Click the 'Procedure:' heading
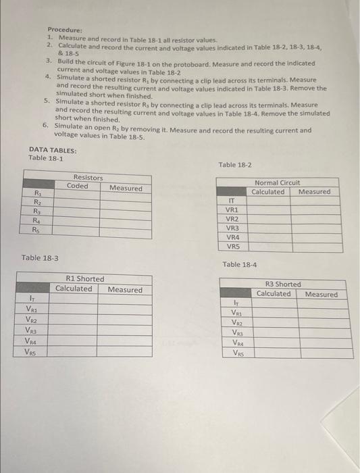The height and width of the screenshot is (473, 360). pos(65,30)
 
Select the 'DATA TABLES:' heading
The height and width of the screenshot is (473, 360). pos(53,151)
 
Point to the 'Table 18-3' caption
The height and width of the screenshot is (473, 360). pos(40,258)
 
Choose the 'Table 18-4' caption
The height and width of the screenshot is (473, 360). pos(240,264)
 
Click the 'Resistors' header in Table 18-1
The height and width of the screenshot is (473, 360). pos(88,178)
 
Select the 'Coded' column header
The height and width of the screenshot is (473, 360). pos(78,186)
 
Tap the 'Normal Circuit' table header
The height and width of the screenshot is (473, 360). pos(277,182)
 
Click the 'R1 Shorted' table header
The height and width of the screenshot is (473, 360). pos(85,279)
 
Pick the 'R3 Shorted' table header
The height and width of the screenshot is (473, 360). pos(283,284)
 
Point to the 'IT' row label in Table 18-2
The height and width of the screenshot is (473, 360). pos(232,201)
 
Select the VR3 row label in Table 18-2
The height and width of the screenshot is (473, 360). pos(232,228)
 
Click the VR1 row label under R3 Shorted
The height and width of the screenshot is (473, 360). pos(237,313)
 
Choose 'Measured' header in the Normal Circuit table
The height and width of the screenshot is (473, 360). pos(314,192)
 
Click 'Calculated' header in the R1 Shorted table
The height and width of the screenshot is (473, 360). pos(74,289)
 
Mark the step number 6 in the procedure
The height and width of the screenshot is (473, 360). pos(45,126)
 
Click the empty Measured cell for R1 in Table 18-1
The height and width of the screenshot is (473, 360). pos(126,196)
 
